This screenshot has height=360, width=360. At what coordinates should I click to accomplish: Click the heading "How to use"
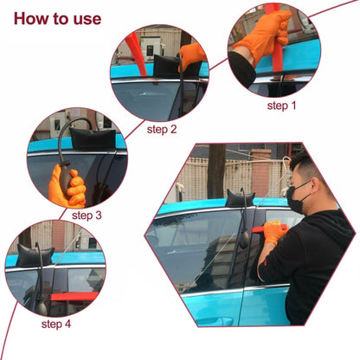tap(58, 18)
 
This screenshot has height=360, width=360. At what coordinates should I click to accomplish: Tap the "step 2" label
tap(162, 129)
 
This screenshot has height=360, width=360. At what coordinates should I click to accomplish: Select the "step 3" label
tap(89, 215)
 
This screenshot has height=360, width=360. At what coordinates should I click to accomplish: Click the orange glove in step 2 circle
tap(191, 56)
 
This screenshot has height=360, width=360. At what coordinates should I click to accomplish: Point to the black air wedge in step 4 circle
tap(35, 255)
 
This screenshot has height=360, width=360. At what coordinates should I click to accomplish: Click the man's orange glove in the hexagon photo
tap(273, 232)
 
